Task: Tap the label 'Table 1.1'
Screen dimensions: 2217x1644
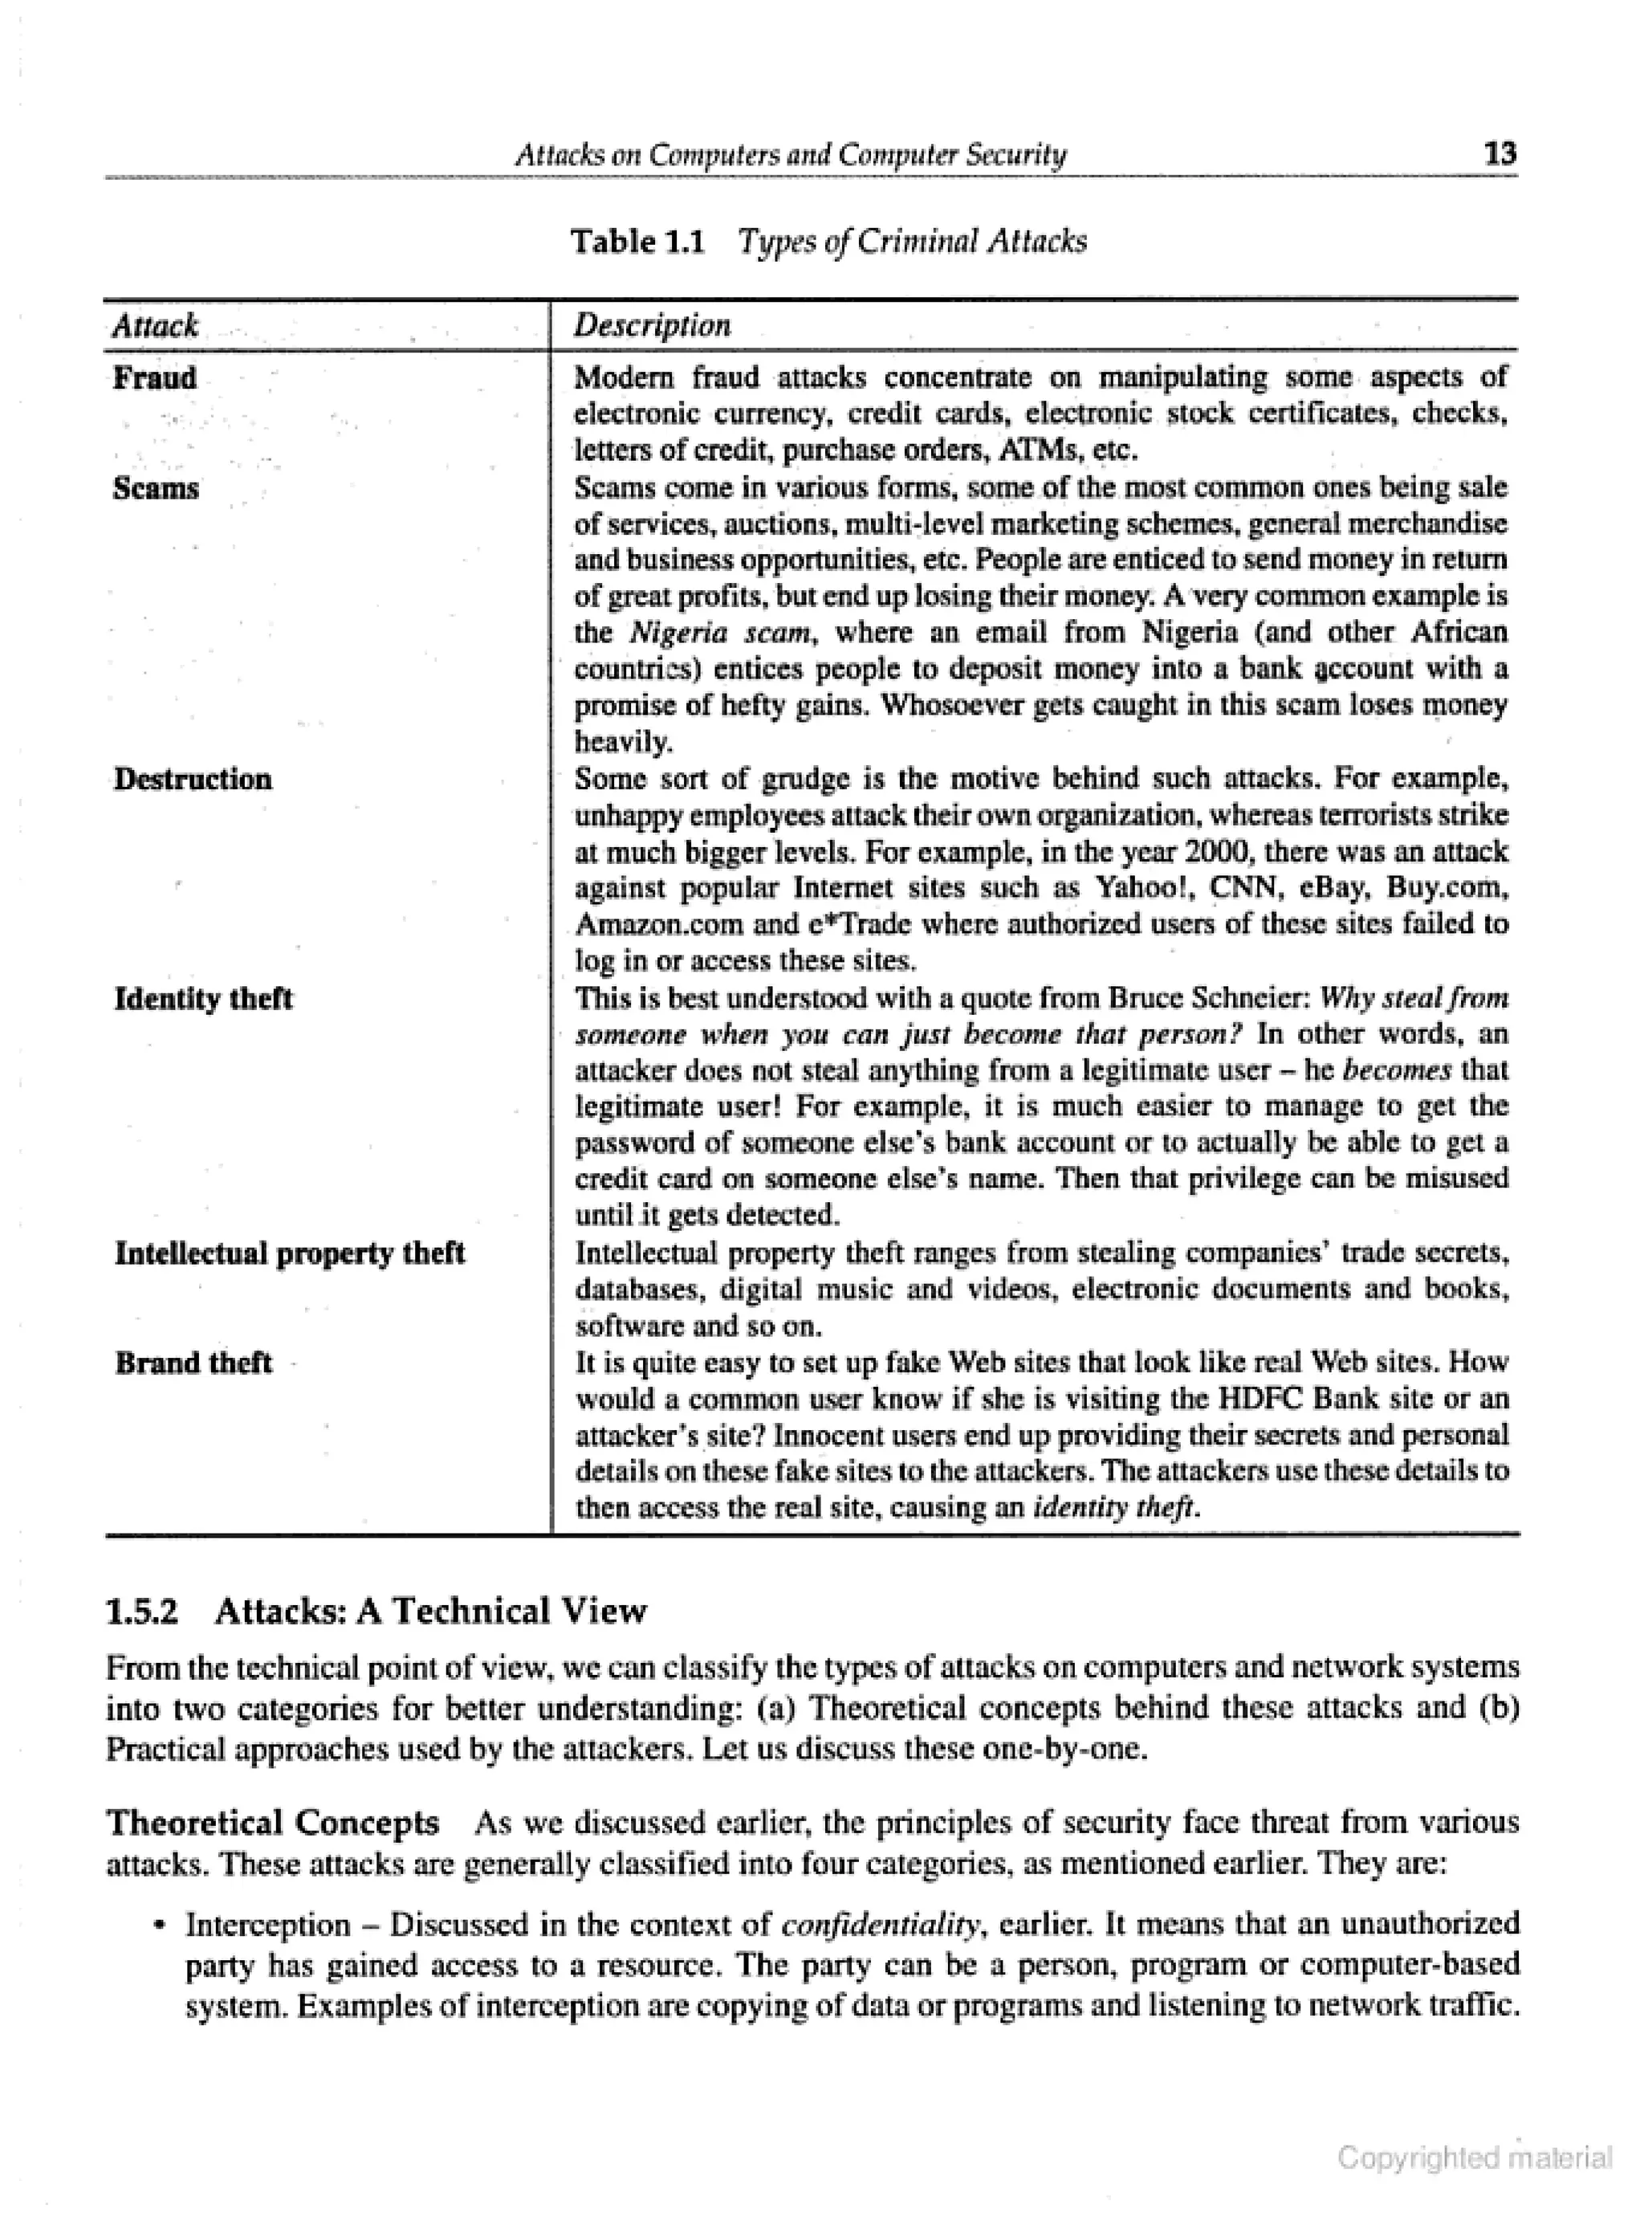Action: (637, 242)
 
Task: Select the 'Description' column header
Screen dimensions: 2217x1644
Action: (653, 325)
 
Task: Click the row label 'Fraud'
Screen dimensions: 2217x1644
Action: (155, 378)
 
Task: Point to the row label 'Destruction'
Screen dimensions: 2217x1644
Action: (193, 779)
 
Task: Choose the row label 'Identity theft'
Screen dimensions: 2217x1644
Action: (204, 999)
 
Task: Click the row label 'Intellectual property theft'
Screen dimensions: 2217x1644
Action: (290, 1253)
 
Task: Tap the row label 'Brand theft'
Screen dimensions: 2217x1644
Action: (193, 1362)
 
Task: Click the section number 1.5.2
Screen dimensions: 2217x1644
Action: (142, 1611)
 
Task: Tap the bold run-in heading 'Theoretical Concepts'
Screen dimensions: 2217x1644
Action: (273, 1822)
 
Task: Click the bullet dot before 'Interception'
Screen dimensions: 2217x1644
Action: (157, 1925)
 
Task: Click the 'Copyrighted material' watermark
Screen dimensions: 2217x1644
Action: (1474, 2158)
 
